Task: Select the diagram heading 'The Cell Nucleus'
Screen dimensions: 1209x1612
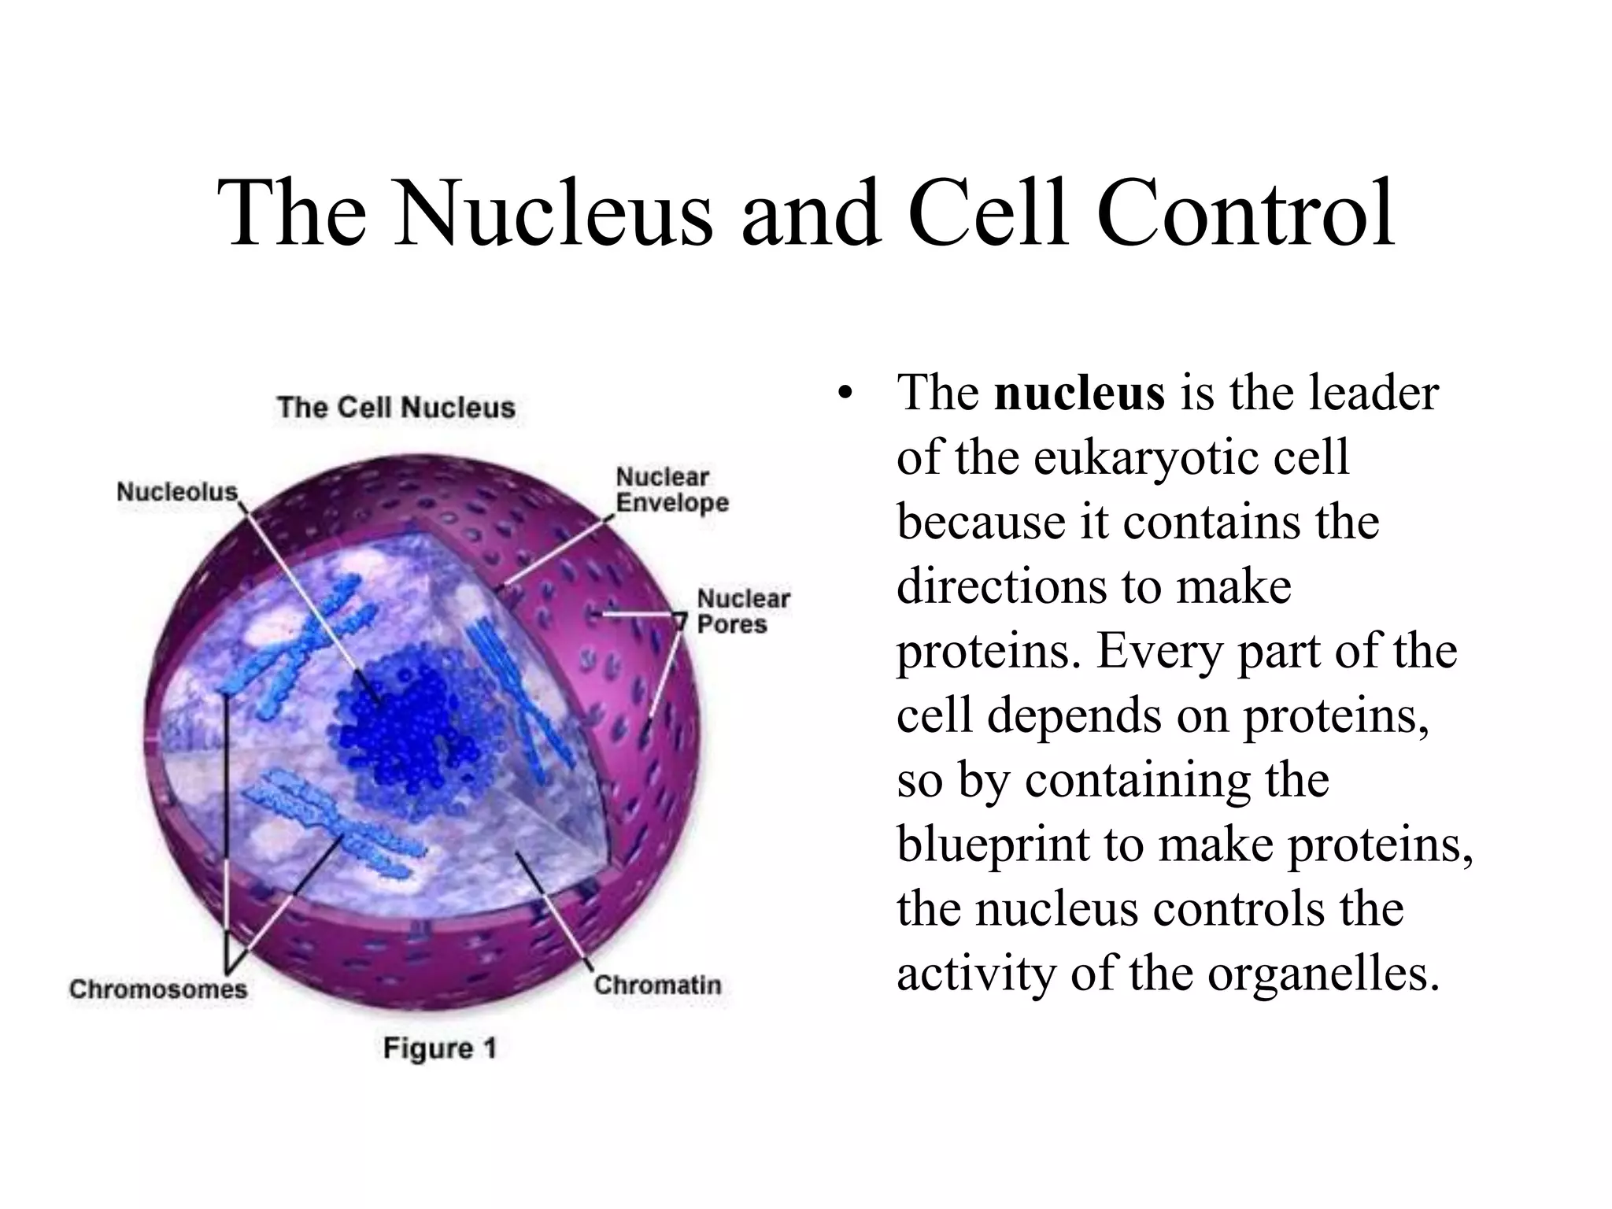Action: (396, 408)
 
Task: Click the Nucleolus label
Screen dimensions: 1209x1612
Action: (177, 492)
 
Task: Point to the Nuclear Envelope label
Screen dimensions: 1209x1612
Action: (671, 490)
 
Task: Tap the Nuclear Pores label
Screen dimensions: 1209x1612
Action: (743, 612)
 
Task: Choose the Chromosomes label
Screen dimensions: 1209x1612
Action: (158, 989)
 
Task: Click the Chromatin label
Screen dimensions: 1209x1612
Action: (657, 985)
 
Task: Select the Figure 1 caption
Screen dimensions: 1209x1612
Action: (440, 1048)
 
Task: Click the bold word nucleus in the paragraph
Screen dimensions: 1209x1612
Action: (1079, 393)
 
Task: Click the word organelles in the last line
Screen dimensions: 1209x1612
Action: (1323, 974)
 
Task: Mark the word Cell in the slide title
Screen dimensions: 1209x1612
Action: (988, 213)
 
